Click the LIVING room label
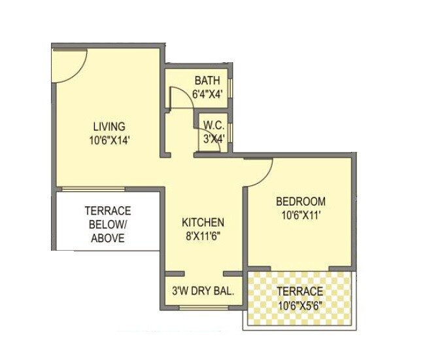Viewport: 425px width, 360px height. pos(109,126)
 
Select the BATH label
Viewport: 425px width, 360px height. pos(207,81)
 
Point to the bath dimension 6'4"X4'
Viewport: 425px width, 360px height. pos(208,94)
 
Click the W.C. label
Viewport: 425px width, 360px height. pos(214,125)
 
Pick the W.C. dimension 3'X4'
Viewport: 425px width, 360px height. pos(214,138)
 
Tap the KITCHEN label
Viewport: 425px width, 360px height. pos(203,223)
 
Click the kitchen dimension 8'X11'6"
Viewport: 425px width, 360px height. pos(203,236)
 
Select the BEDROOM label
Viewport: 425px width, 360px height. pos(300,201)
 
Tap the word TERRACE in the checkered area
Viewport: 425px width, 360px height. pos(299,291)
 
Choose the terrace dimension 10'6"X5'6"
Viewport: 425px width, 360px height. pos(299,304)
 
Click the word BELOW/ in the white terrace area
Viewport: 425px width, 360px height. pos(107,225)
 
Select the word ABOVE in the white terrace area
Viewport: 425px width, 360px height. pos(107,238)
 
